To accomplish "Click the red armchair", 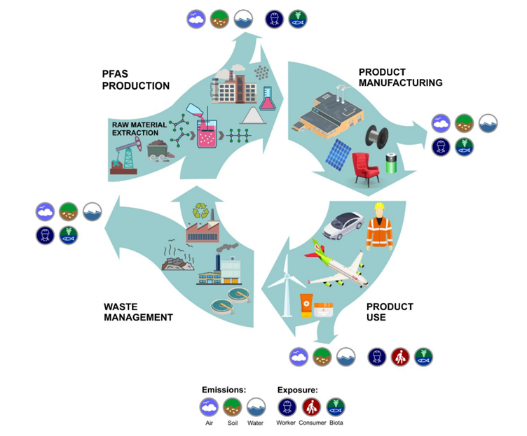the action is click(x=365, y=169).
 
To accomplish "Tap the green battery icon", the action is click(x=391, y=163).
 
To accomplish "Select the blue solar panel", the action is click(x=338, y=155).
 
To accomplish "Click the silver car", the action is click(x=343, y=225).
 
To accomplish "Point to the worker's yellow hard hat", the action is click(x=379, y=206).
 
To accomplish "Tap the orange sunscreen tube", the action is click(x=306, y=305).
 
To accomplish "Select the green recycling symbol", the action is click(x=200, y=211).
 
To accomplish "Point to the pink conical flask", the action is click(x=268, y=99).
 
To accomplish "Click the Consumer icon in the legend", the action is click(x=311, y=407).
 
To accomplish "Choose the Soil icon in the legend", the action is click(x=232, y=407).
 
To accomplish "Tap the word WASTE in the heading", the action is click(x=121, y=307).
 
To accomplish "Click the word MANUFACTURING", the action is click(x=401, y=83).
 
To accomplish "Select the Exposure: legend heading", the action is click(x=297, y=390).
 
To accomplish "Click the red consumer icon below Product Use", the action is click(x=400, y=356).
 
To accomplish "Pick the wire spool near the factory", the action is click(x=377, y=136).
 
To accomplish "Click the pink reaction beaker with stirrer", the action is click(x=207, y=131).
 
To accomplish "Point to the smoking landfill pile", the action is click(x=178, y=258).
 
